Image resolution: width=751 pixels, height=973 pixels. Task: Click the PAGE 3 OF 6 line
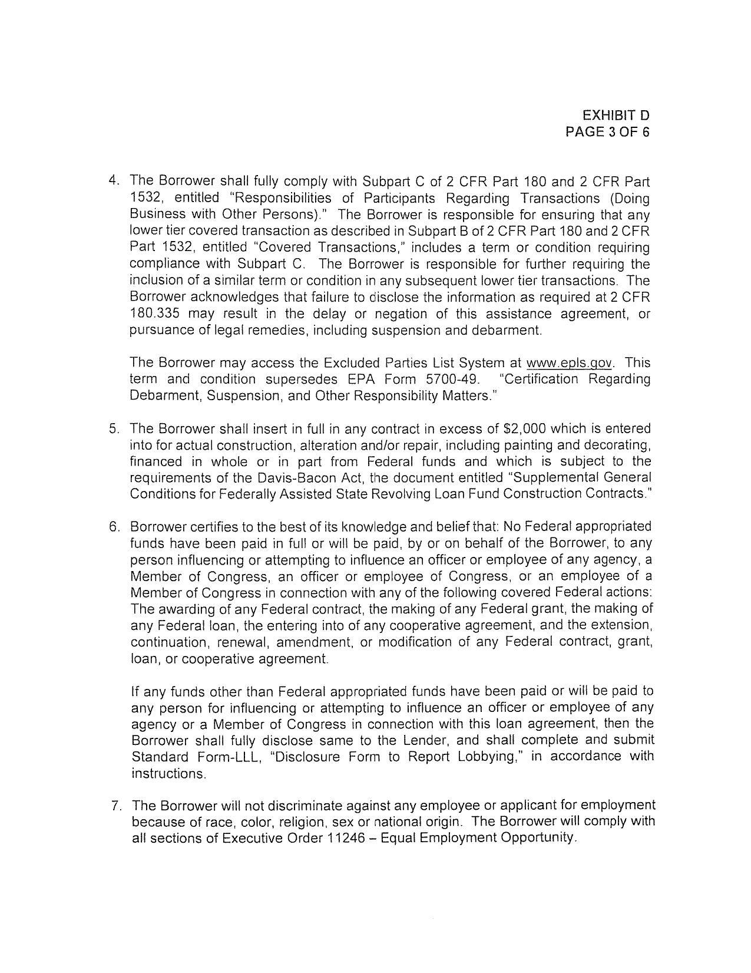click(x=607, y=131)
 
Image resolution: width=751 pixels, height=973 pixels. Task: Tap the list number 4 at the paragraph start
click(x=114, y=180)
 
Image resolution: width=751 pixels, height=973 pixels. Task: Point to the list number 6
click(x=114, y=526)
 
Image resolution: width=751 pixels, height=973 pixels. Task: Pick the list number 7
click(x=117, y=806)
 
